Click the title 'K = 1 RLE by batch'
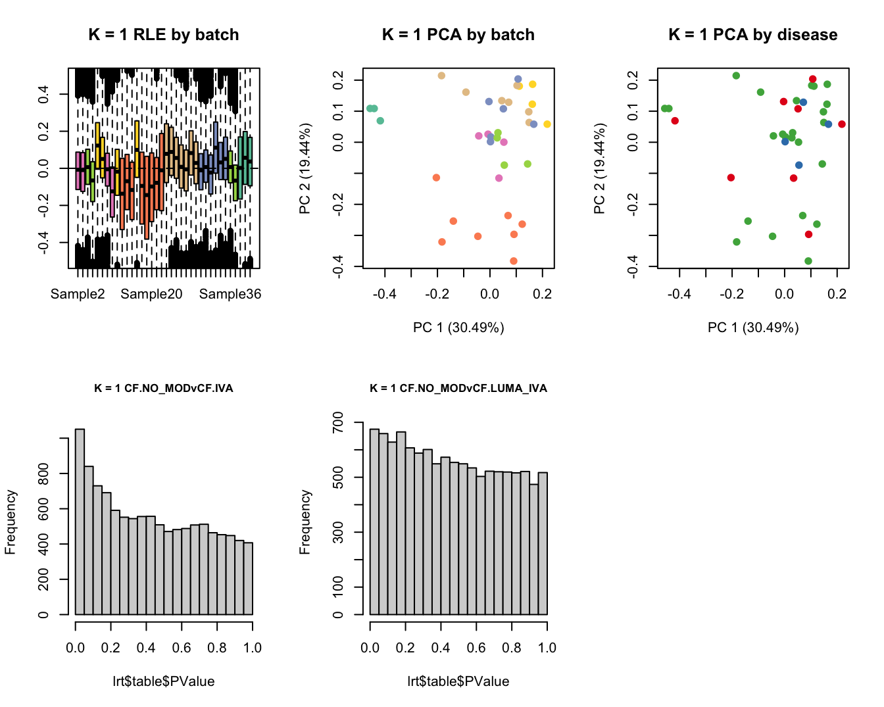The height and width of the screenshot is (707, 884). point(164,35)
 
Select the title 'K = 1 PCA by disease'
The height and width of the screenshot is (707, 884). point(753,35)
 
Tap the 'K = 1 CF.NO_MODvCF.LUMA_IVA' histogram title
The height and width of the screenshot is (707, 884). point(458,388)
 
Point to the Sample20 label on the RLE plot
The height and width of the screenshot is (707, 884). point(151,294)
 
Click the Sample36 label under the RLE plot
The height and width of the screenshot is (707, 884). point(230,294)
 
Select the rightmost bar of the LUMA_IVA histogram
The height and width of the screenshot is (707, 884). point(543,543)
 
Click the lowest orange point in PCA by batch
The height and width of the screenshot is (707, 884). point(514,261)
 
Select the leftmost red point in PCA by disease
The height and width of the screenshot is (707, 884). point(675,120)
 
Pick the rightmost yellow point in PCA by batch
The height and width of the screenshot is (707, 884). point(547,124)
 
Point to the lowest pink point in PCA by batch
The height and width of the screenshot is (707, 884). point(499,178)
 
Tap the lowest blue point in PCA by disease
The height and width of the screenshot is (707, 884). point(799,165)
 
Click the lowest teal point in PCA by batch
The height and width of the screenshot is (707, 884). point(380,120)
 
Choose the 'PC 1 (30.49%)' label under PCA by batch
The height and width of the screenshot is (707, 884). point(458,328)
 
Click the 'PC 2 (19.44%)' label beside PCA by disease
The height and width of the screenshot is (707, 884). point(599,168)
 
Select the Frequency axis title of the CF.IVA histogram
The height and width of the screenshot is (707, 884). point(11,522)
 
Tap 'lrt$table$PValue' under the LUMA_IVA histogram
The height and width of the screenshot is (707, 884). point(458,681)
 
